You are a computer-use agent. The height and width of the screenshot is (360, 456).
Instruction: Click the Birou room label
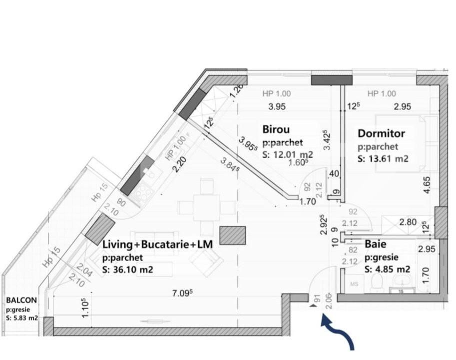pos(276,129)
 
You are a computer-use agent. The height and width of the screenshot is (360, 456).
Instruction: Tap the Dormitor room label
pos(381,133)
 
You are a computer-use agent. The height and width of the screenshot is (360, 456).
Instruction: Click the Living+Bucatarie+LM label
pos(157,244)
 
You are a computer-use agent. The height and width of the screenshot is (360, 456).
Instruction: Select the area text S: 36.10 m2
pos(127,270)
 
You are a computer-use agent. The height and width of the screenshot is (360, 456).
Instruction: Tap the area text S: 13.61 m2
pos(383,159)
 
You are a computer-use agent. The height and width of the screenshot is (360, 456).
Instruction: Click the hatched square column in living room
pos(233,235)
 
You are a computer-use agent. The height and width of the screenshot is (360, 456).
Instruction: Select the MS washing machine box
pos(355,284)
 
